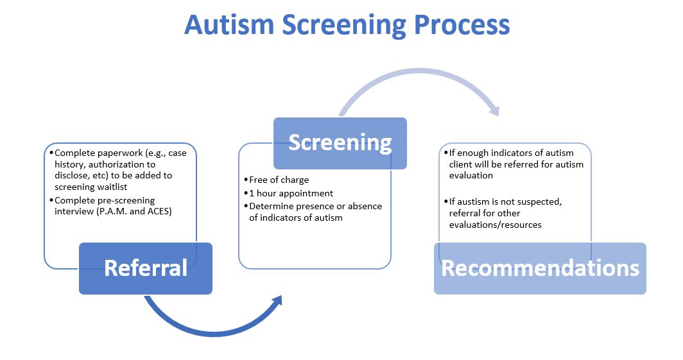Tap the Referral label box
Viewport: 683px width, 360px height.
(146, 268)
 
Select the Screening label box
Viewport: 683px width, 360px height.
(340, 143)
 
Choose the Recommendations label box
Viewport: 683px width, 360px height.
(540, 268)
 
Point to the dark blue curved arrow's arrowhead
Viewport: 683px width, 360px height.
(277, 301)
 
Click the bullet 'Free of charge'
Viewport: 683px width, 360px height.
(280, 180)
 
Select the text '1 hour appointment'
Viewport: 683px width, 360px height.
(291, 193)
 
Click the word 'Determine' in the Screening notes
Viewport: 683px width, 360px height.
(270, 206)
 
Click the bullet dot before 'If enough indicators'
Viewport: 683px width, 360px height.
(443, 153)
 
